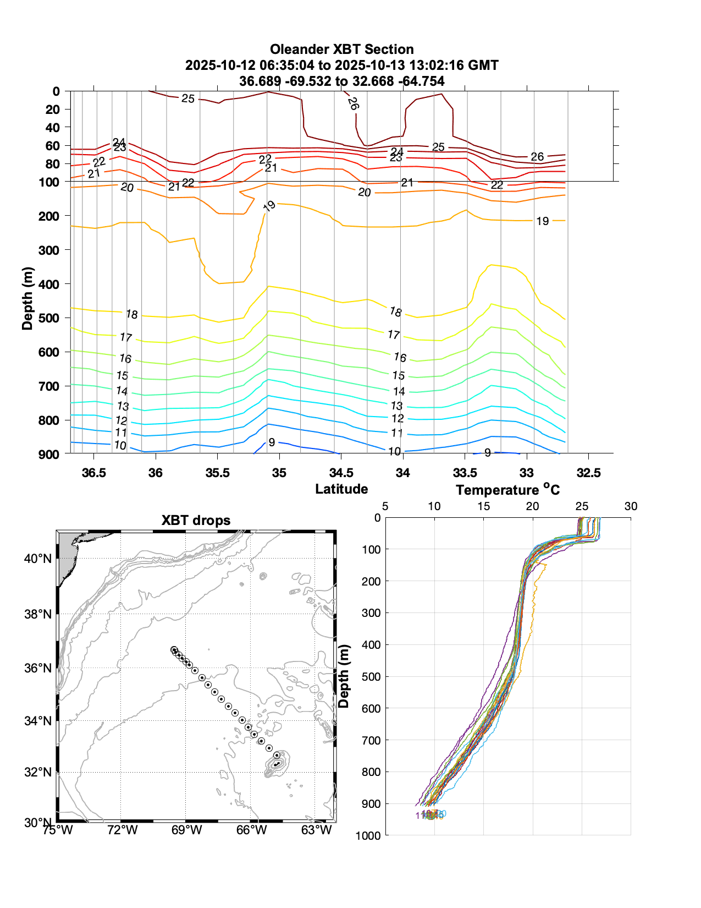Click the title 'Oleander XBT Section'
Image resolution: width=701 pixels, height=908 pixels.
(x=341, y=50)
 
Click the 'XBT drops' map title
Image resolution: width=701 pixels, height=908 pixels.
(x=196, y=521)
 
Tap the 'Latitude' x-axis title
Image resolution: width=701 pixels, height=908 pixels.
(x=341, y=489)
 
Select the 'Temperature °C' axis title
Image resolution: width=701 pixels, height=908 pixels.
(x=507, y=489)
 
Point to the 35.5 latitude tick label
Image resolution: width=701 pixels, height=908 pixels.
(x=218, y=473)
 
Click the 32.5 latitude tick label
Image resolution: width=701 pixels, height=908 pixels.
(x=588, y=473)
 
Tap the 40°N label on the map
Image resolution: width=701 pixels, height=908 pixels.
(x=38, y=559)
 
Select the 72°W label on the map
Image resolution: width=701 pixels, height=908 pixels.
(x=122, y=830)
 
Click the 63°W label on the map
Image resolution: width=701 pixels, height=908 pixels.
(x=317, y=830)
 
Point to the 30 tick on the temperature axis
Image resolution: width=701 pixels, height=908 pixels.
(x=631, y=506)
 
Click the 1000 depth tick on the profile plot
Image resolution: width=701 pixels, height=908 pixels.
(x=368, y=835)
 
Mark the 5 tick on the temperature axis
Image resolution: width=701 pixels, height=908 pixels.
(x=385, y=506)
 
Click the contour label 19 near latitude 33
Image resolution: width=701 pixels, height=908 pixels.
(x=543, y=221)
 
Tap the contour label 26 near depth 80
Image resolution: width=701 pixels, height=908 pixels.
(x=537, y=157)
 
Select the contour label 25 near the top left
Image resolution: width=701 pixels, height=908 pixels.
(x=188, y=99)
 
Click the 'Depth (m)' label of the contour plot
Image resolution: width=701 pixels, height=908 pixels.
(x=27, y=298)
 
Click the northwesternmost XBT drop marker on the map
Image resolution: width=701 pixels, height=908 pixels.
(x=174, y=650)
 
